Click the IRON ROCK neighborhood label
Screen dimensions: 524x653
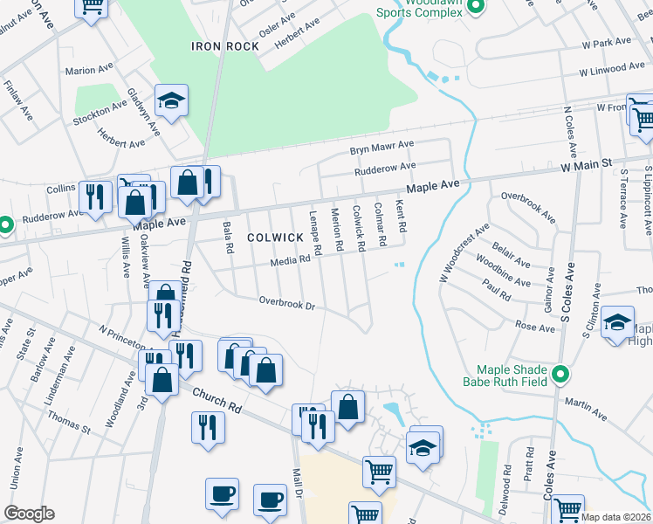(225, 46)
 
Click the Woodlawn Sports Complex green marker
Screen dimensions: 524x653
(476, 8)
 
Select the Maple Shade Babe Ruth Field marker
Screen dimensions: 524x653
(561, 376)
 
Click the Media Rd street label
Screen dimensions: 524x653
(291, 260)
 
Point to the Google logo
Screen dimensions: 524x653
(29, 514)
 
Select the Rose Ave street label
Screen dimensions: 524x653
(535, 327)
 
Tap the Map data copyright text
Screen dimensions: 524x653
(616, 517)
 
